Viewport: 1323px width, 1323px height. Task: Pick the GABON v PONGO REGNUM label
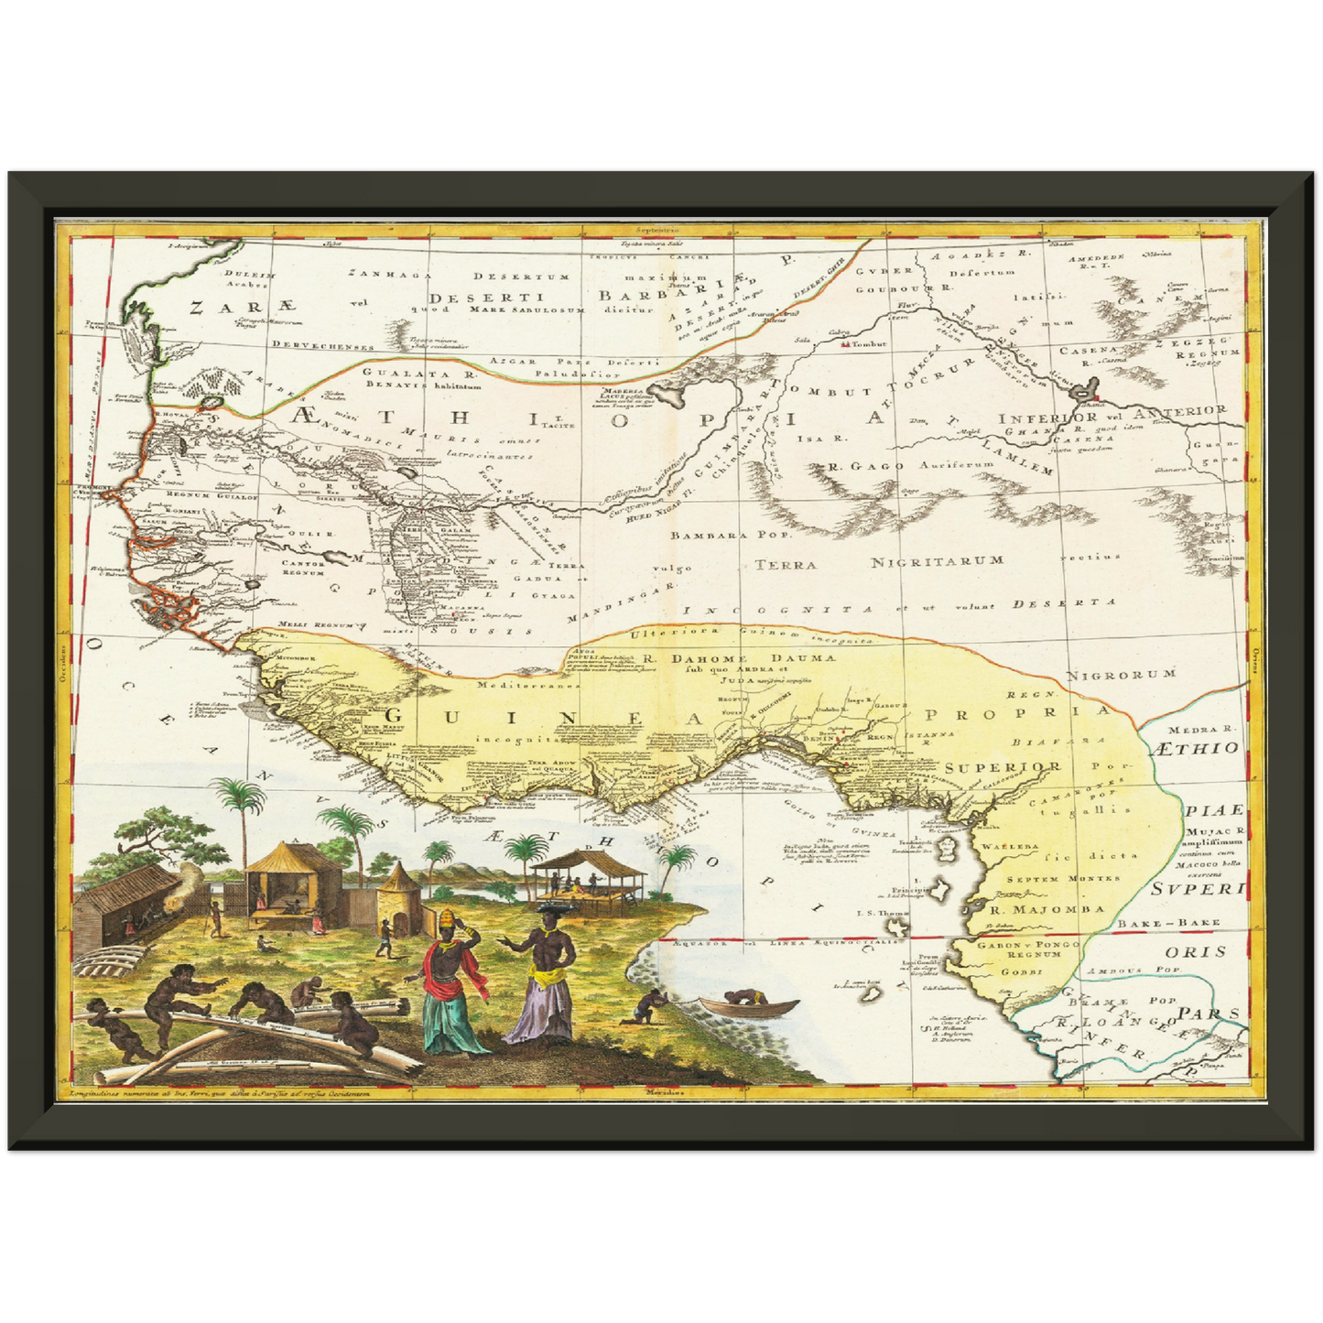point(1027,949)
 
